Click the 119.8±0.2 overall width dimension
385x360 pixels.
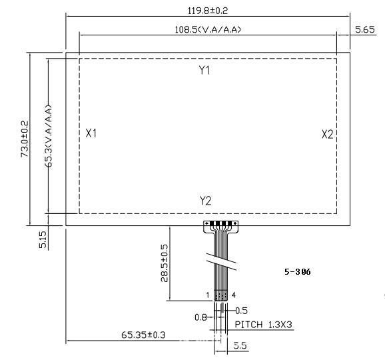(x=208, y=11)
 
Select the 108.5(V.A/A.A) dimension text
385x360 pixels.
(x=208, y=29)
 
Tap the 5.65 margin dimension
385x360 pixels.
(x=365, y=30)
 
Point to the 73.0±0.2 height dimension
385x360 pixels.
(x=25, y=139)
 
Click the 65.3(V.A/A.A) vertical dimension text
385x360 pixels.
(x=49, y=136)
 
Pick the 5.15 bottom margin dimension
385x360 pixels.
(x=43, y=239)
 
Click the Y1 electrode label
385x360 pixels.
(x=204, y=70)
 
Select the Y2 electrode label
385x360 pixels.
(x=205, y=201)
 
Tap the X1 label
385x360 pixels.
(x=91, y=133)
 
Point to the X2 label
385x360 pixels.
(x=328, y=135)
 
